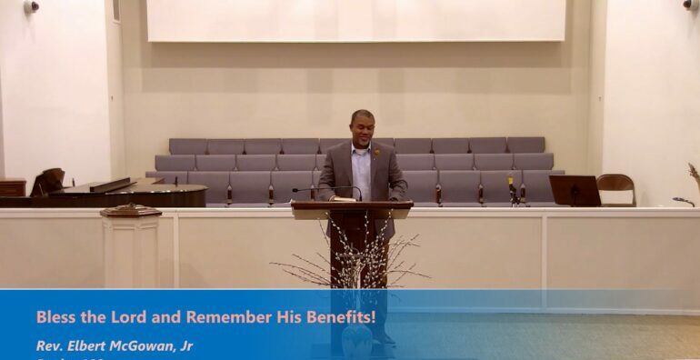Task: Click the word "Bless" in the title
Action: click(55, 317)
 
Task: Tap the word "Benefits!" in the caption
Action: click(337, 317)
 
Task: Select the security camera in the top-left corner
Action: click(32, 6)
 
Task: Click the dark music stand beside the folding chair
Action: click(575, 190)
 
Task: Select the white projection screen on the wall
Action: click(355, 20)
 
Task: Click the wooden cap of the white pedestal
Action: click(131, 211)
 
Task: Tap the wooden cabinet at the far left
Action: click(12, 187)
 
